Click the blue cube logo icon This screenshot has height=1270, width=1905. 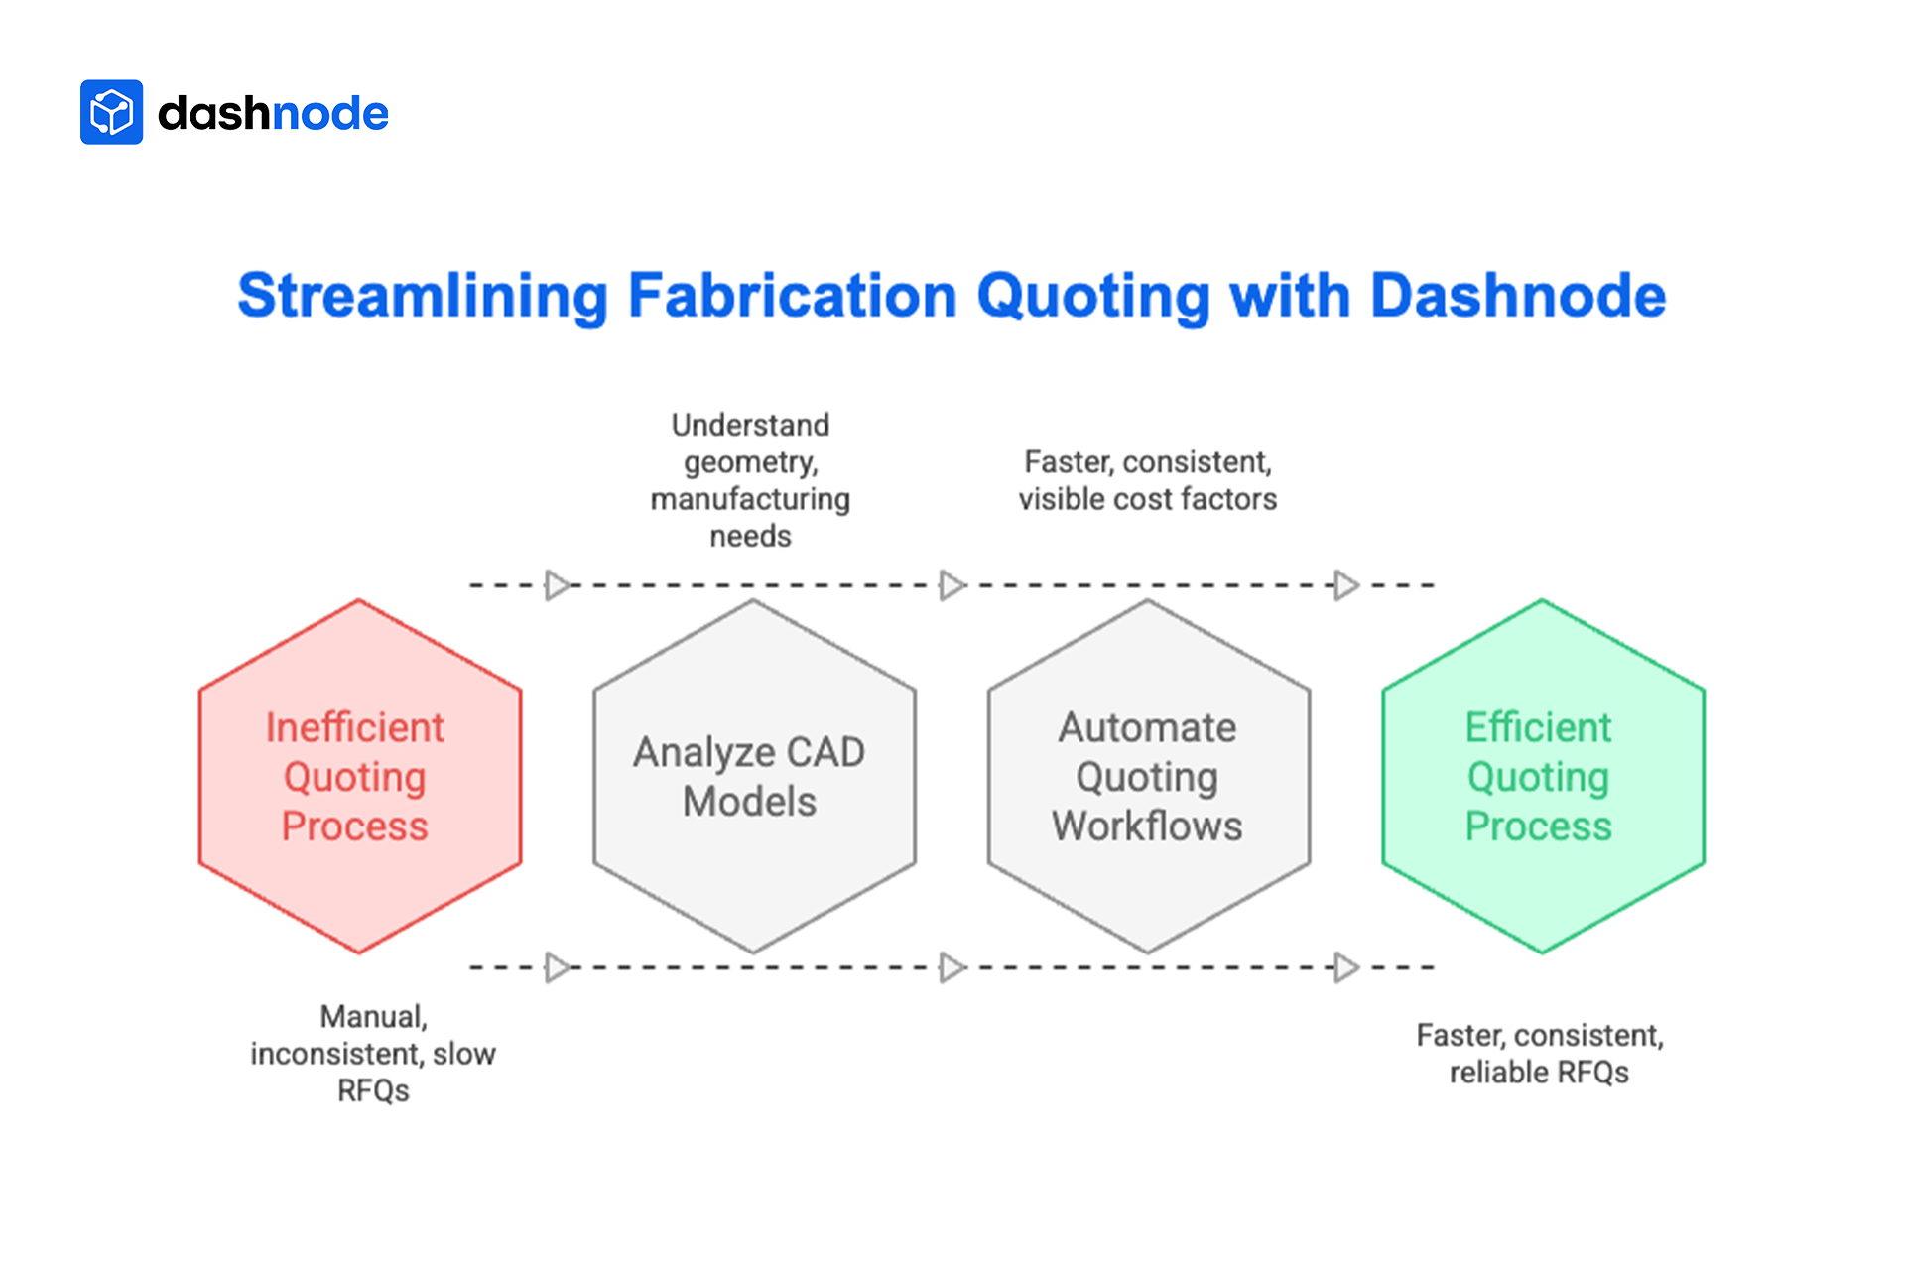111,112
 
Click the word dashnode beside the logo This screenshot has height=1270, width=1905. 273,113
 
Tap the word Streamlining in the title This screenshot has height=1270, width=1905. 422,296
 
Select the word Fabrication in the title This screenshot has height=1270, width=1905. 793,296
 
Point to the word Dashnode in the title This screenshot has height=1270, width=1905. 1517,296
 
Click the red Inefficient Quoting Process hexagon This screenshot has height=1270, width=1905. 359,776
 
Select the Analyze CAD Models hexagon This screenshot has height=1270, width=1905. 753,776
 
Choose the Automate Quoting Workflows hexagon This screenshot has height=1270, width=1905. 1148,776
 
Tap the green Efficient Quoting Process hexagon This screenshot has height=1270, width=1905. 1542,776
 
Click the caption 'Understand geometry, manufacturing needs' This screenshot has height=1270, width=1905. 750,480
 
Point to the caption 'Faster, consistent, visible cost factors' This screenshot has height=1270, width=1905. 1147,480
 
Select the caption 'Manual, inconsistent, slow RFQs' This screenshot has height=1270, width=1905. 373,1053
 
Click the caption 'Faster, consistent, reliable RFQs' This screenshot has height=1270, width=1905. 1539,1053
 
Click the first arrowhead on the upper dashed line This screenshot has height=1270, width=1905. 558,585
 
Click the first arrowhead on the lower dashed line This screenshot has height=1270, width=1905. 558,966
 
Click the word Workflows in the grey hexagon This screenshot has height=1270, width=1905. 1147,825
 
